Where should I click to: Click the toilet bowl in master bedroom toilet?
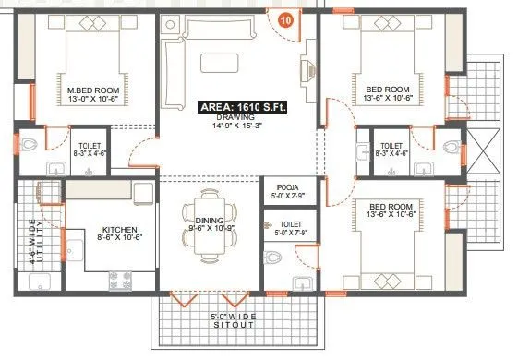pos(30,144)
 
